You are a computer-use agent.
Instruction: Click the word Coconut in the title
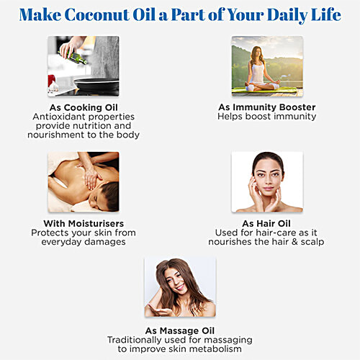[107, 15]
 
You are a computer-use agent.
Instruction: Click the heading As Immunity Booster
[266, 107]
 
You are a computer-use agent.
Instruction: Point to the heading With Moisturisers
[84, 224]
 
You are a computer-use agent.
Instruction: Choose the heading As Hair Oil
[267, 224]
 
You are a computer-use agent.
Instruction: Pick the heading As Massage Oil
[180, 330]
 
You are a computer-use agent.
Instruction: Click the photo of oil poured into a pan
[84, 66]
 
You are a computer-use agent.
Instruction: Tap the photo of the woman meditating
[267, 66]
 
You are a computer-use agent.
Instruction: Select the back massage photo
[84, 181]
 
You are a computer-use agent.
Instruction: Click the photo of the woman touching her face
[267, 181]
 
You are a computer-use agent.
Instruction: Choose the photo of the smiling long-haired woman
[180, 287]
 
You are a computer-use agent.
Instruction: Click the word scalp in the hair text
[311, 242]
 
